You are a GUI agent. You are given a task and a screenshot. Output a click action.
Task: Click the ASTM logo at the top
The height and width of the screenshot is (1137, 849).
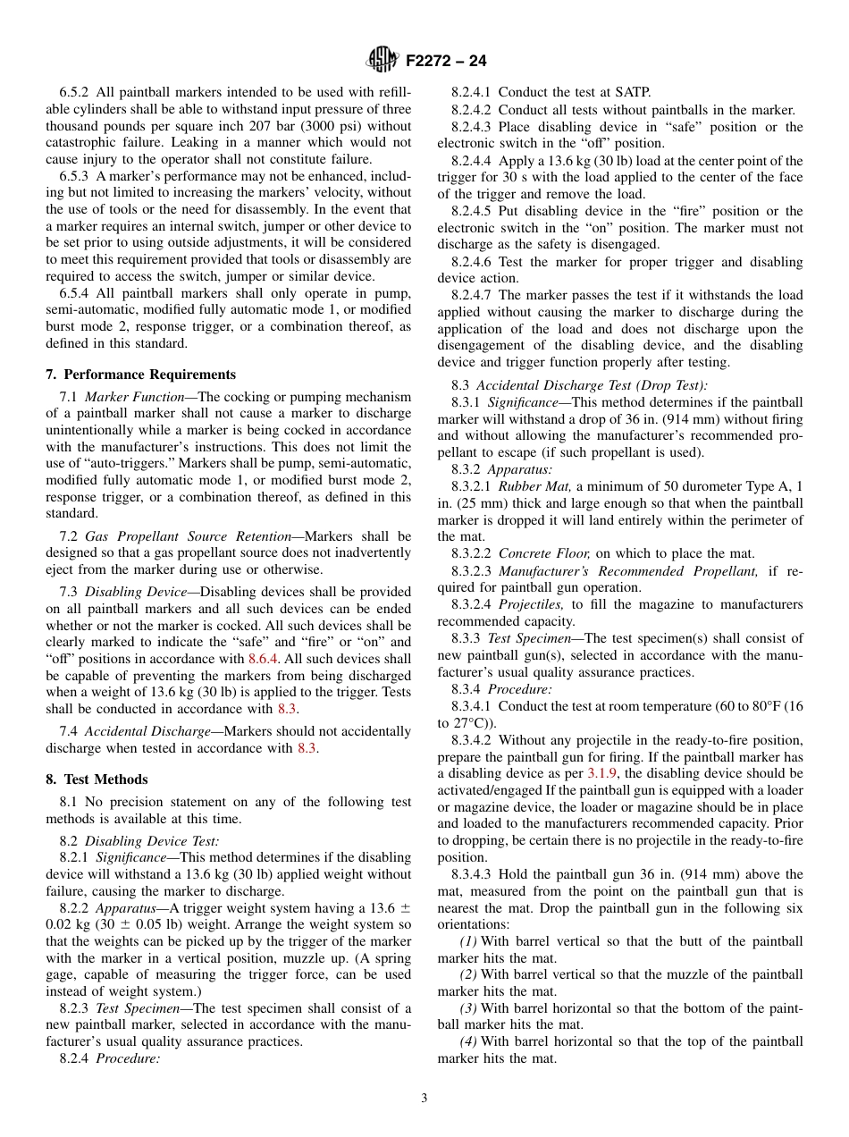[x=382, y=61]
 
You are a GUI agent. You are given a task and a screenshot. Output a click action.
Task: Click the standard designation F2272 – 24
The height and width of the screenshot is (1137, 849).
[x=446, y=62]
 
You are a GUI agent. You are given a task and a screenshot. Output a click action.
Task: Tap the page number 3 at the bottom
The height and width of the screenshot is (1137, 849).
[x=424, y=1099]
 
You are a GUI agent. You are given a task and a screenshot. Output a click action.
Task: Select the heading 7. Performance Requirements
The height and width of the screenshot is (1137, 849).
[x=141, y=375]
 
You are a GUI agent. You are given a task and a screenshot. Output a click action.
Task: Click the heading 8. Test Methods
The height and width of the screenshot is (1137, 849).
[x=97, y=779]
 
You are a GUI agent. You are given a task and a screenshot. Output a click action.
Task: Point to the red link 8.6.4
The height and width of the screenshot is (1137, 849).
[x=265, y=659]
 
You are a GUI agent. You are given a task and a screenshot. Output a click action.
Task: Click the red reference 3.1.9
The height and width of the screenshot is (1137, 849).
[x=601, y=773]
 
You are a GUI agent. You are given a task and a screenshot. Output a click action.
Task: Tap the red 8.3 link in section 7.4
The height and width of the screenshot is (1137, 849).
[x=307, y=748]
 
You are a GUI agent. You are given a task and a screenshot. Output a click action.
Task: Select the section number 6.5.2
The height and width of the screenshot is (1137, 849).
[x=78, y=92]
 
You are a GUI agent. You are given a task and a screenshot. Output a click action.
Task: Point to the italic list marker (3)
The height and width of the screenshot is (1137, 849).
[x=468, y=1008]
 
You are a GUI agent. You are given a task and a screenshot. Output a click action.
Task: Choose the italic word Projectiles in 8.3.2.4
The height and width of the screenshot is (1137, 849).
[x=531, y=604]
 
